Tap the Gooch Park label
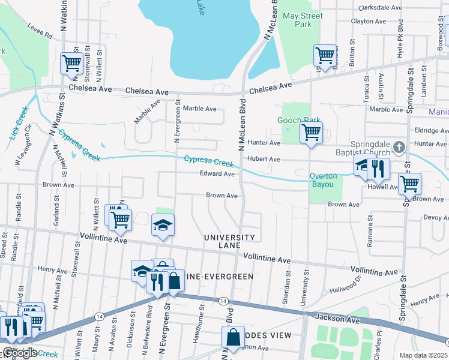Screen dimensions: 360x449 298,121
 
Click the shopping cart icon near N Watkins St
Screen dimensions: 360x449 71,62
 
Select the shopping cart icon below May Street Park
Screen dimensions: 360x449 325,55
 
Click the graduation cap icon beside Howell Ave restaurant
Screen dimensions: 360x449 363,167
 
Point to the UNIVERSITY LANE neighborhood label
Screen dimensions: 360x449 229,242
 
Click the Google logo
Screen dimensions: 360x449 20,353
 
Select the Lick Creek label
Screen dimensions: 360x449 19,123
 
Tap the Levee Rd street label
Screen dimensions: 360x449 40,31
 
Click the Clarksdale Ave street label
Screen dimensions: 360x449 379,8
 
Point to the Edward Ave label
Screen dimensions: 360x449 217,174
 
